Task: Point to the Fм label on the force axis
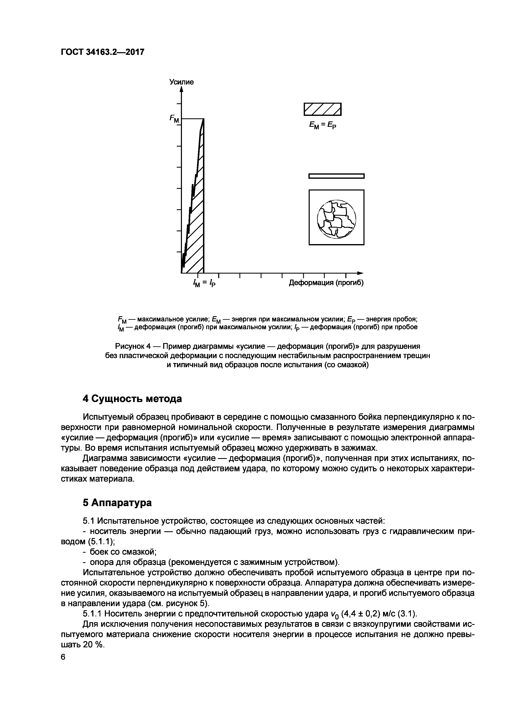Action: pos(174,119)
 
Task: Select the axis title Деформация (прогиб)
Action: pos(326,283)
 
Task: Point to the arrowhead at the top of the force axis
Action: pos(182,89)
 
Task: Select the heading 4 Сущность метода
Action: pos(132,399)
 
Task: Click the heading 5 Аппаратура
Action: pos(117,503)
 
